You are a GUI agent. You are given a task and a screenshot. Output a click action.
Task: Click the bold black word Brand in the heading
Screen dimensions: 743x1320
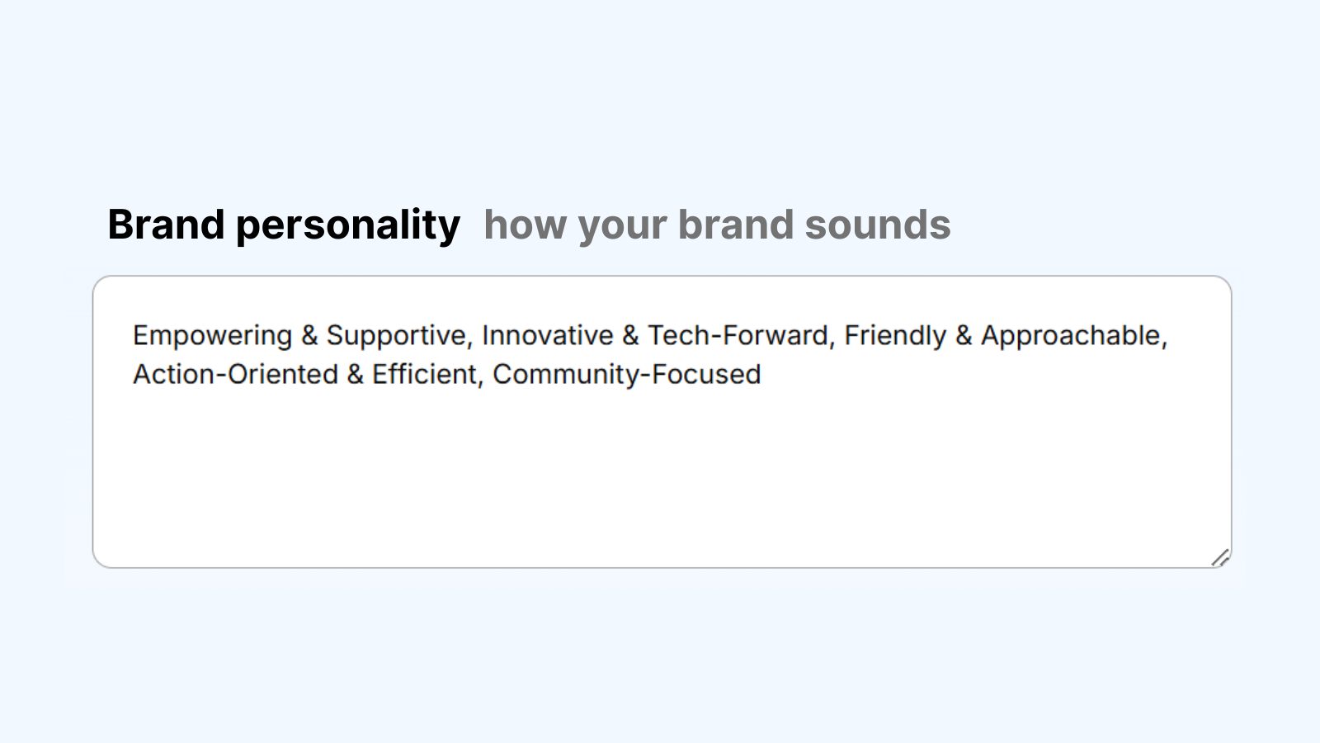[x=166, y=225]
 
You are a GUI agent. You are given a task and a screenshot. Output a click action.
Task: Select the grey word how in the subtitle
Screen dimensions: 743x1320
[x=525, y=225]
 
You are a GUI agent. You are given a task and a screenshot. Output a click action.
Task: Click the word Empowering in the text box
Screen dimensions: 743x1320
[x=212, y=336]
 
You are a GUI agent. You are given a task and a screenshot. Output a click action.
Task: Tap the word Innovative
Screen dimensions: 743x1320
[x=548, y=335]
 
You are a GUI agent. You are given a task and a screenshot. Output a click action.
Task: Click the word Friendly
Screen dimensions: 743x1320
[x=895, y=336]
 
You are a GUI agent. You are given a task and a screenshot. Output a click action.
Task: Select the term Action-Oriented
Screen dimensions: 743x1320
[x=235, y=374]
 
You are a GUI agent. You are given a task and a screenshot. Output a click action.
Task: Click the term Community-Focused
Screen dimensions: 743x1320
[x=627, y=375]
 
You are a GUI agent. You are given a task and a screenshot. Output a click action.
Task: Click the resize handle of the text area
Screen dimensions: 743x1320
[x=1220, y=557]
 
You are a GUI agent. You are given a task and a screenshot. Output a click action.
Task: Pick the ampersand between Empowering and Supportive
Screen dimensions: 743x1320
[x=309, y=335]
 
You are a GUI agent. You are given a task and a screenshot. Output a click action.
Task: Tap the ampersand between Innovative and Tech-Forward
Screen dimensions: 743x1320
[x=630, y=335]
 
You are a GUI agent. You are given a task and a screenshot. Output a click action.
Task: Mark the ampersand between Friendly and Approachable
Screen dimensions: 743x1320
[x=964, y=335]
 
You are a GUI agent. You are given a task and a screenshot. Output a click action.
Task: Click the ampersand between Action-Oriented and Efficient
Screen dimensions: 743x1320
[x=356, y=374]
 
